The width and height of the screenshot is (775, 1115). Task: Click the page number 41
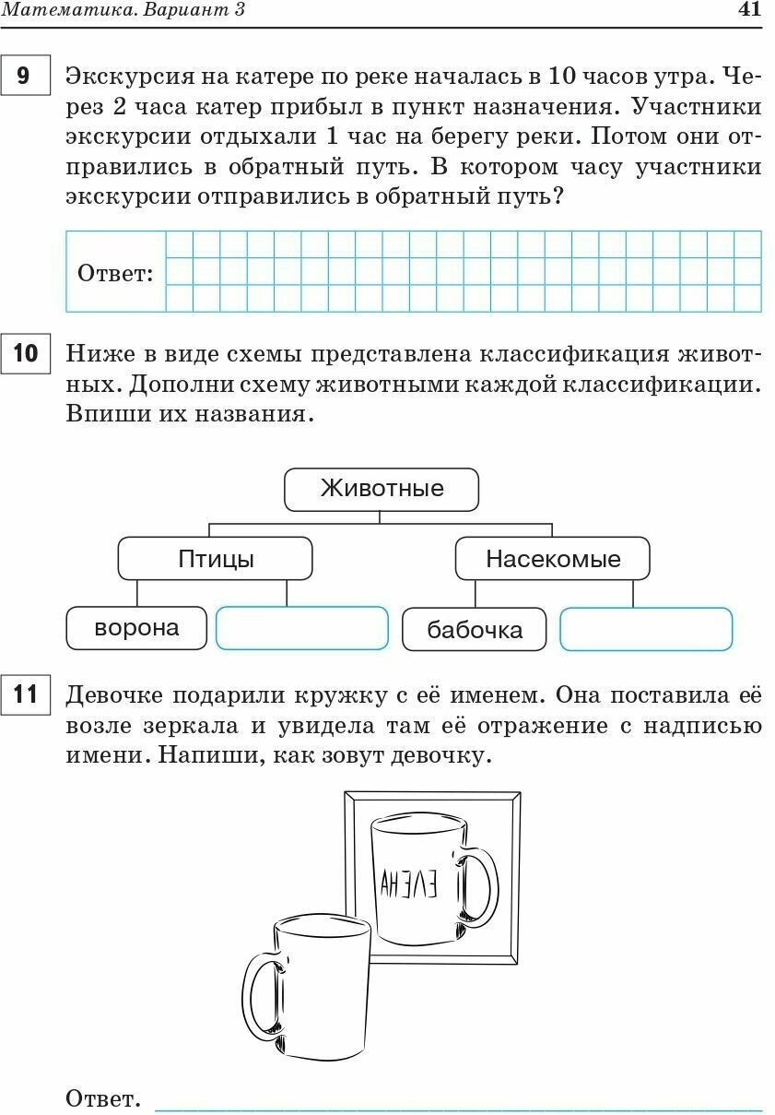(x=750, y=10)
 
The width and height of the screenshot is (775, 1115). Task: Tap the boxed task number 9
(x=24, y=75)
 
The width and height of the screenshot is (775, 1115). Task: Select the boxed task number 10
(x=26, y=354)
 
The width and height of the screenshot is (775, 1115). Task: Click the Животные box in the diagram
(x=381, y=489)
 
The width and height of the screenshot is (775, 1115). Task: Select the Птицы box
(x=215, y=559)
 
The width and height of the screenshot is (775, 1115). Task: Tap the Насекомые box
(x=552, y=559)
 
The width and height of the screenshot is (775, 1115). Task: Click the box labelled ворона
(x=136, y=628)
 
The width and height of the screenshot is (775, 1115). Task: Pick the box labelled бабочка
(x=474, y=630)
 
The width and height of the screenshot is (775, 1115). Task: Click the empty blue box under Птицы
(x=301, y=628)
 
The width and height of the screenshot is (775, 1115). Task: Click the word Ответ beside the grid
(x=115, y=274)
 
